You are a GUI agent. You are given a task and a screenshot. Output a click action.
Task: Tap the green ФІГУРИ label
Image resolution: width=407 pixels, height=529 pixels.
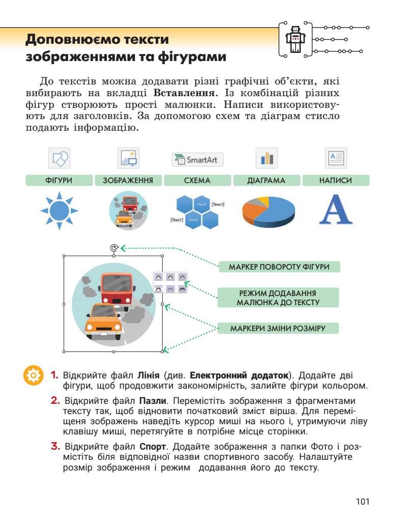59,181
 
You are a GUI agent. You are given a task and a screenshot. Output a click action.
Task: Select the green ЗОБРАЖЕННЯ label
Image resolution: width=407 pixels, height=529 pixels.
128,181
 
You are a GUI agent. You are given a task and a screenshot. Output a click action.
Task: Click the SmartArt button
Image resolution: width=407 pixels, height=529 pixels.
197,159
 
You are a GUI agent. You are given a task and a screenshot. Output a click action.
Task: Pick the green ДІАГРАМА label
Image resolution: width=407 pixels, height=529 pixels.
267,181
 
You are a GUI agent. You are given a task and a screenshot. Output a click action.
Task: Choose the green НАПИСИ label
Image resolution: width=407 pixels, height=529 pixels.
336,181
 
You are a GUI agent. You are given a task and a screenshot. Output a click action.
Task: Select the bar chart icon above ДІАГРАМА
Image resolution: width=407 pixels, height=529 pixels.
267,159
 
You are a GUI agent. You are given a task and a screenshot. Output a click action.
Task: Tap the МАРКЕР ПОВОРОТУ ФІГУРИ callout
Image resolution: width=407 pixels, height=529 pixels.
279,267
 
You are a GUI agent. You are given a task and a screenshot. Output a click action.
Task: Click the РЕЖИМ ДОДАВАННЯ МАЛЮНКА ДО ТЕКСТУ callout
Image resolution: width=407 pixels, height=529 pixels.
278,298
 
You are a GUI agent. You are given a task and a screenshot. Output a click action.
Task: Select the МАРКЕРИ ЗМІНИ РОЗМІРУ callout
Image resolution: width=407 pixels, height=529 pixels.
278,328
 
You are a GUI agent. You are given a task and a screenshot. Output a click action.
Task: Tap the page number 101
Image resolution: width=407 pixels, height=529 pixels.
362,502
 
